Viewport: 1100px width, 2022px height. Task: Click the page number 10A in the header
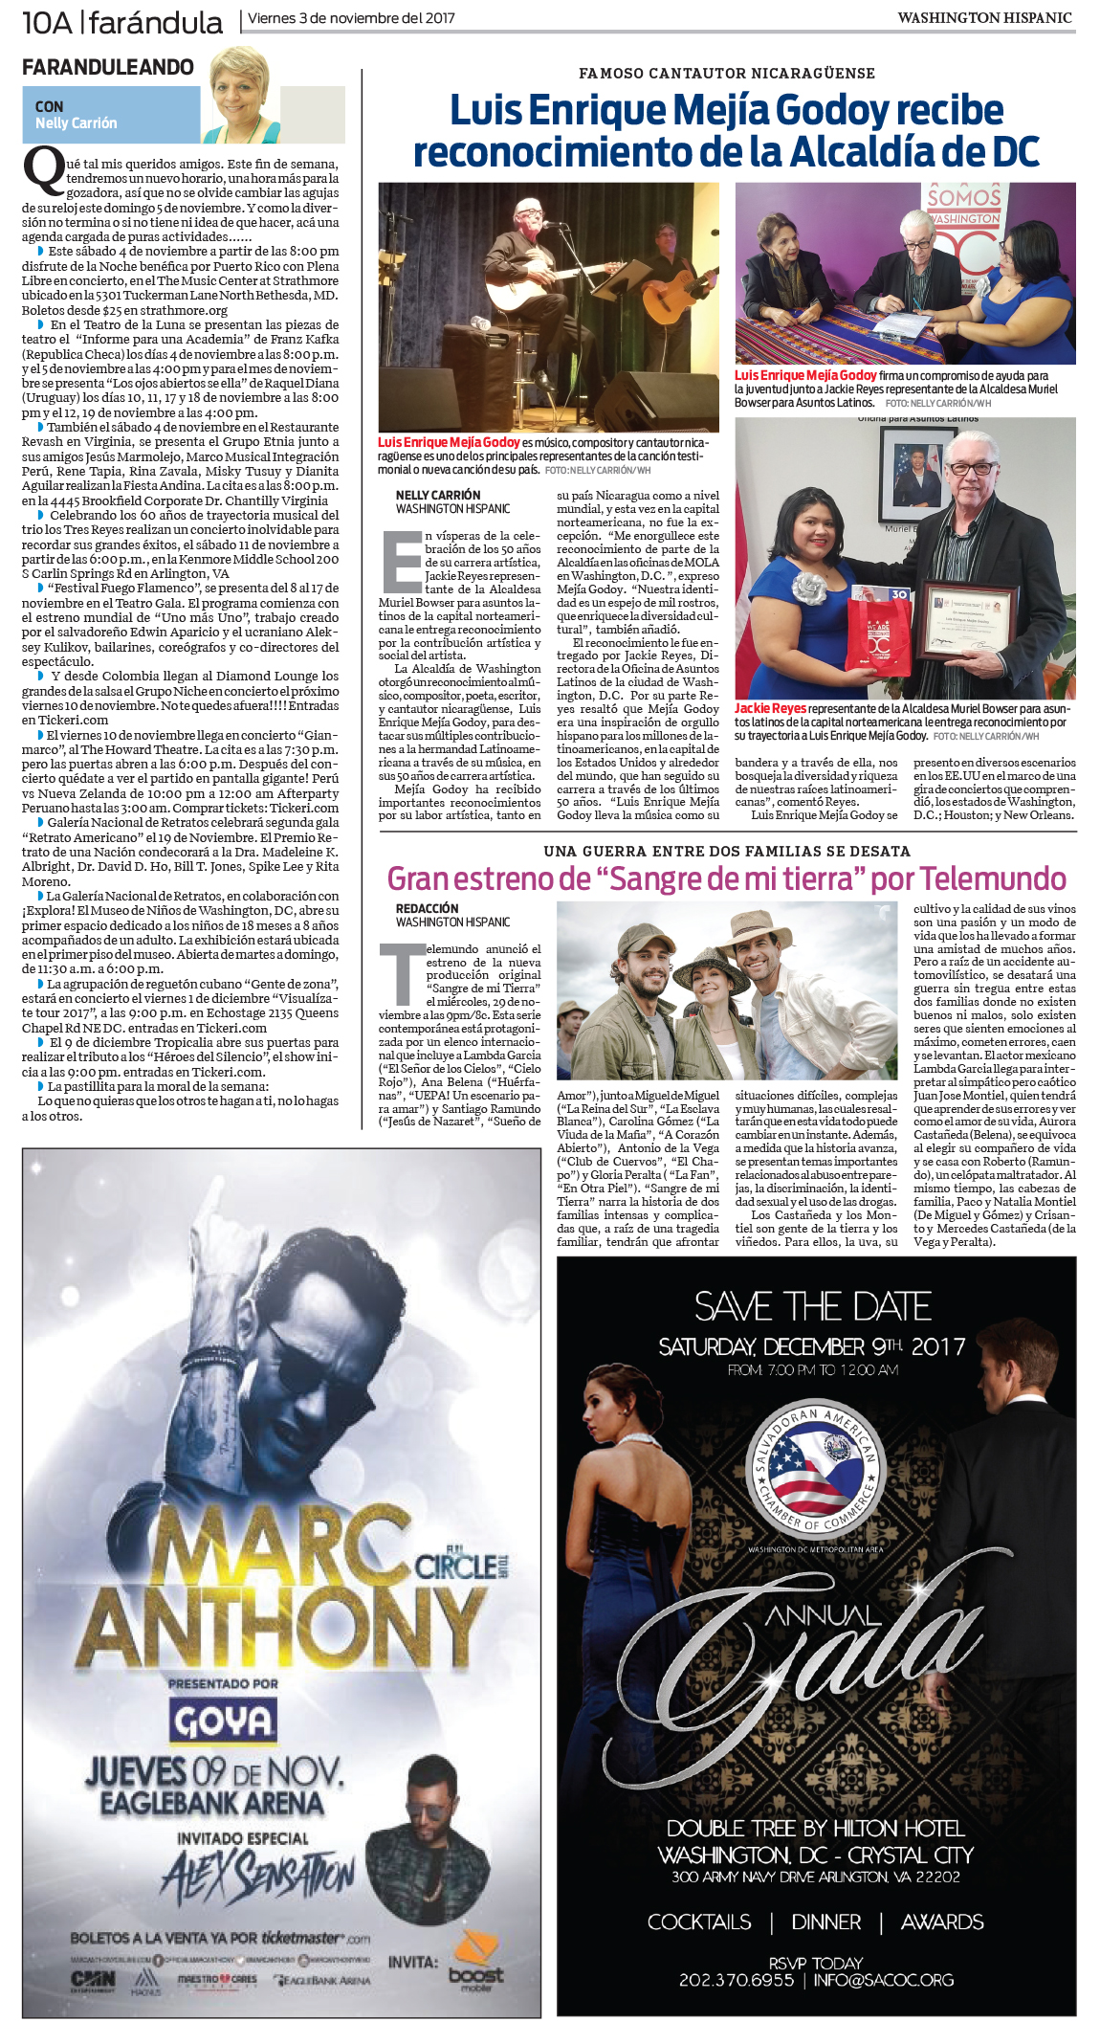[47, 21]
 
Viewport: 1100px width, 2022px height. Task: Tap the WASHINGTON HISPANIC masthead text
[984, 18]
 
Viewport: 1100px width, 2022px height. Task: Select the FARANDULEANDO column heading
[107, 67]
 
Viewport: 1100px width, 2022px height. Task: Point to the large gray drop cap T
[401, 973]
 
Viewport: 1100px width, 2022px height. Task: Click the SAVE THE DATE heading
[813, 1307]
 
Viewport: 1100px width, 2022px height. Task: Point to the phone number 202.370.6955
[736, 1980]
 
